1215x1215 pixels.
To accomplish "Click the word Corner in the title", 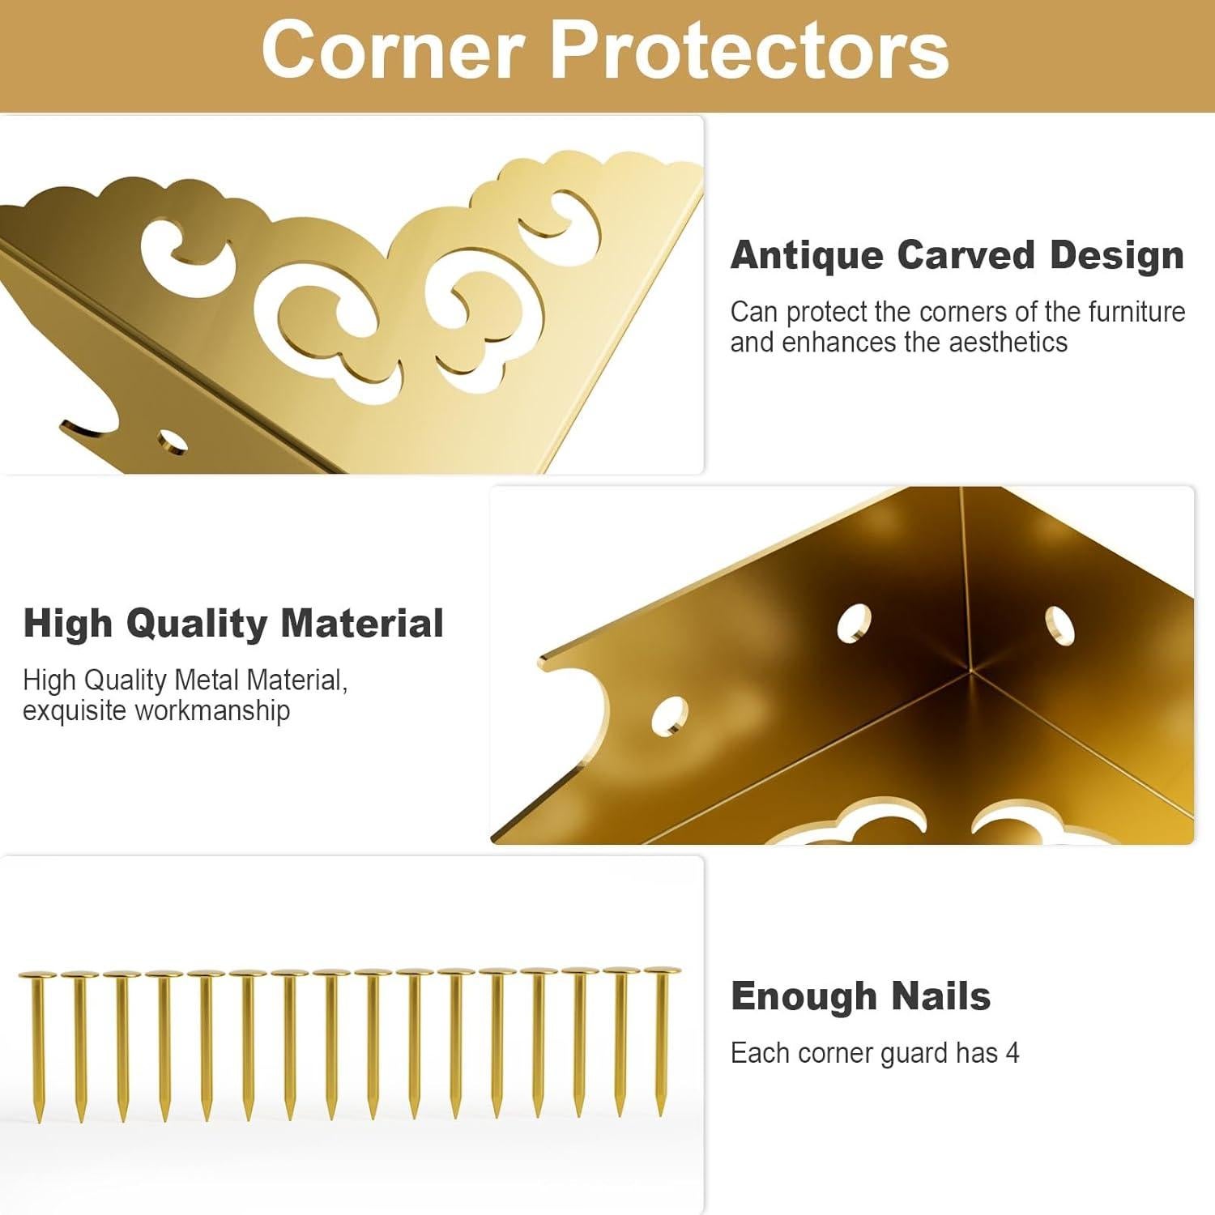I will (x=393, y=51).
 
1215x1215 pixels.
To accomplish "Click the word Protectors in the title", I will (x=748, y=51).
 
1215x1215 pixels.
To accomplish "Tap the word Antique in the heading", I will (x=806, y=255).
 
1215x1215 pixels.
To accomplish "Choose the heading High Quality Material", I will (x=233, y=624).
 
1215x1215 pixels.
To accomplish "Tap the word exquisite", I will (x=75, y=710).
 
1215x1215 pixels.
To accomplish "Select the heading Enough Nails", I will (x=860, y=996).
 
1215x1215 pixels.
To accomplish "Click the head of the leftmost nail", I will (x=37, y=974).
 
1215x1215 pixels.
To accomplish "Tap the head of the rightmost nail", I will (x=662, y=970).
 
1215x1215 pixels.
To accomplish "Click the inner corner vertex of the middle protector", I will (x=970, y=671).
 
